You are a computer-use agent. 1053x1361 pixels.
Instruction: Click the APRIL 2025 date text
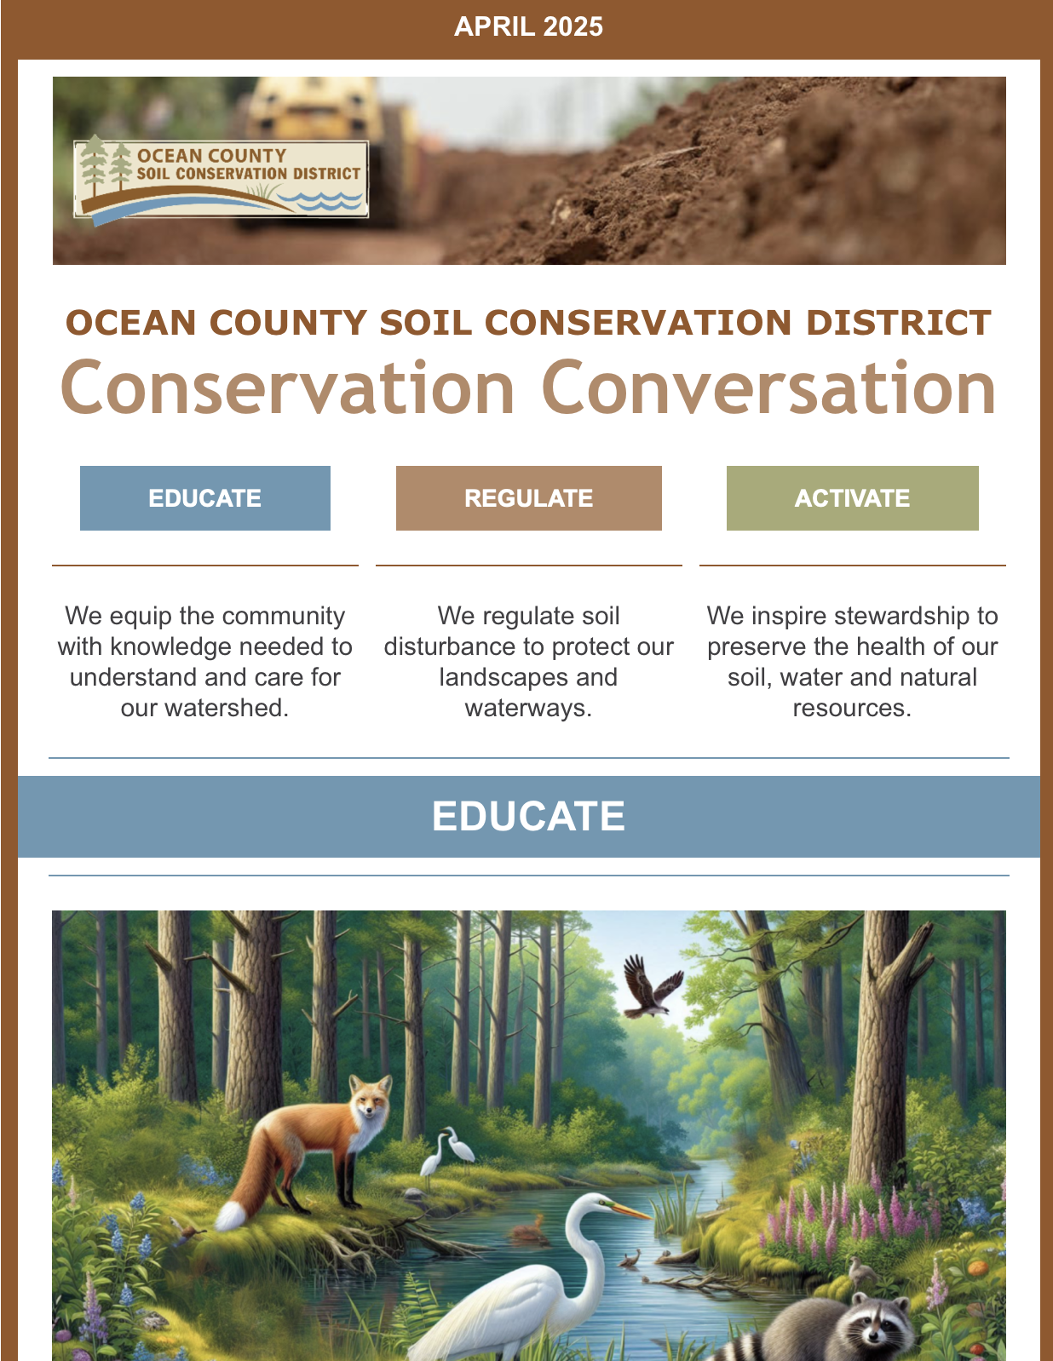[x=528, y=27]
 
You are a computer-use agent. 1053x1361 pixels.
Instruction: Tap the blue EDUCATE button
[x=204, y=498]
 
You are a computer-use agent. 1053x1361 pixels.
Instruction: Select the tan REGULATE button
[x=529, y=498]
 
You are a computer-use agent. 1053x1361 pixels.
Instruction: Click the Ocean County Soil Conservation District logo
[x=221, y=180]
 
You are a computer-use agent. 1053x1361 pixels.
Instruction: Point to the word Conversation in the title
[x=769, y=388]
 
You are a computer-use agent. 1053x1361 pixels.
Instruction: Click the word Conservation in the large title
[x=287, y=388]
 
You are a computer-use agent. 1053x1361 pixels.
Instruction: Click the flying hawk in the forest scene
[x=652, y=986]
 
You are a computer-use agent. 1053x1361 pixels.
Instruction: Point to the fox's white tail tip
[x=230, y=1216]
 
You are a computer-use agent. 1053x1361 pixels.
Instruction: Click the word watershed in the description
[x=204, y=708]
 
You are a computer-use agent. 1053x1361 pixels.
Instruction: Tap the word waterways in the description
[x=528, y=708]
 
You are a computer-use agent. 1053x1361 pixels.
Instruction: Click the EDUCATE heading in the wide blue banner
[x=528, y=816]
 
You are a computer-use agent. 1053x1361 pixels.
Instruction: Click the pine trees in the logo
[x=106, y=164]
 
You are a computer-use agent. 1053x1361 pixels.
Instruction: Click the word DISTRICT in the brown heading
[x=898, y=323]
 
